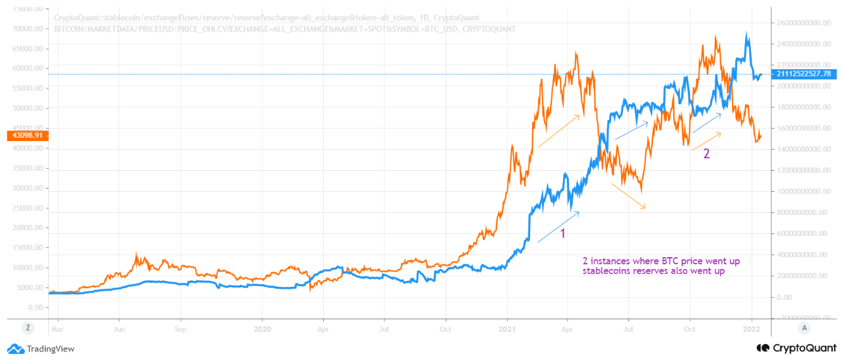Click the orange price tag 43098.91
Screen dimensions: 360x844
(x=24, y=136)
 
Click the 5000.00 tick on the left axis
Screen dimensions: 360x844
(x=30, y=288)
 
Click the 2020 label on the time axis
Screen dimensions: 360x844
(x=262, y=327)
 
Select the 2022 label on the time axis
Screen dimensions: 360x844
(x=752, y=327)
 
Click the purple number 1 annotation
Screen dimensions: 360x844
(x=562, y=233)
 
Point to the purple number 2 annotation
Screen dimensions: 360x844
(x=706, y=154)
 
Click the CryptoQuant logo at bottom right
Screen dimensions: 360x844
(x=797, y=347)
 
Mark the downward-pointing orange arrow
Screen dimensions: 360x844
(x=628, y=196)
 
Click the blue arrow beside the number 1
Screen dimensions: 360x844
(x=558, y=227)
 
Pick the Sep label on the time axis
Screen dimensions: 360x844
(x=181, y=327)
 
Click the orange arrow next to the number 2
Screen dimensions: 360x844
(x=706, y=141)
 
